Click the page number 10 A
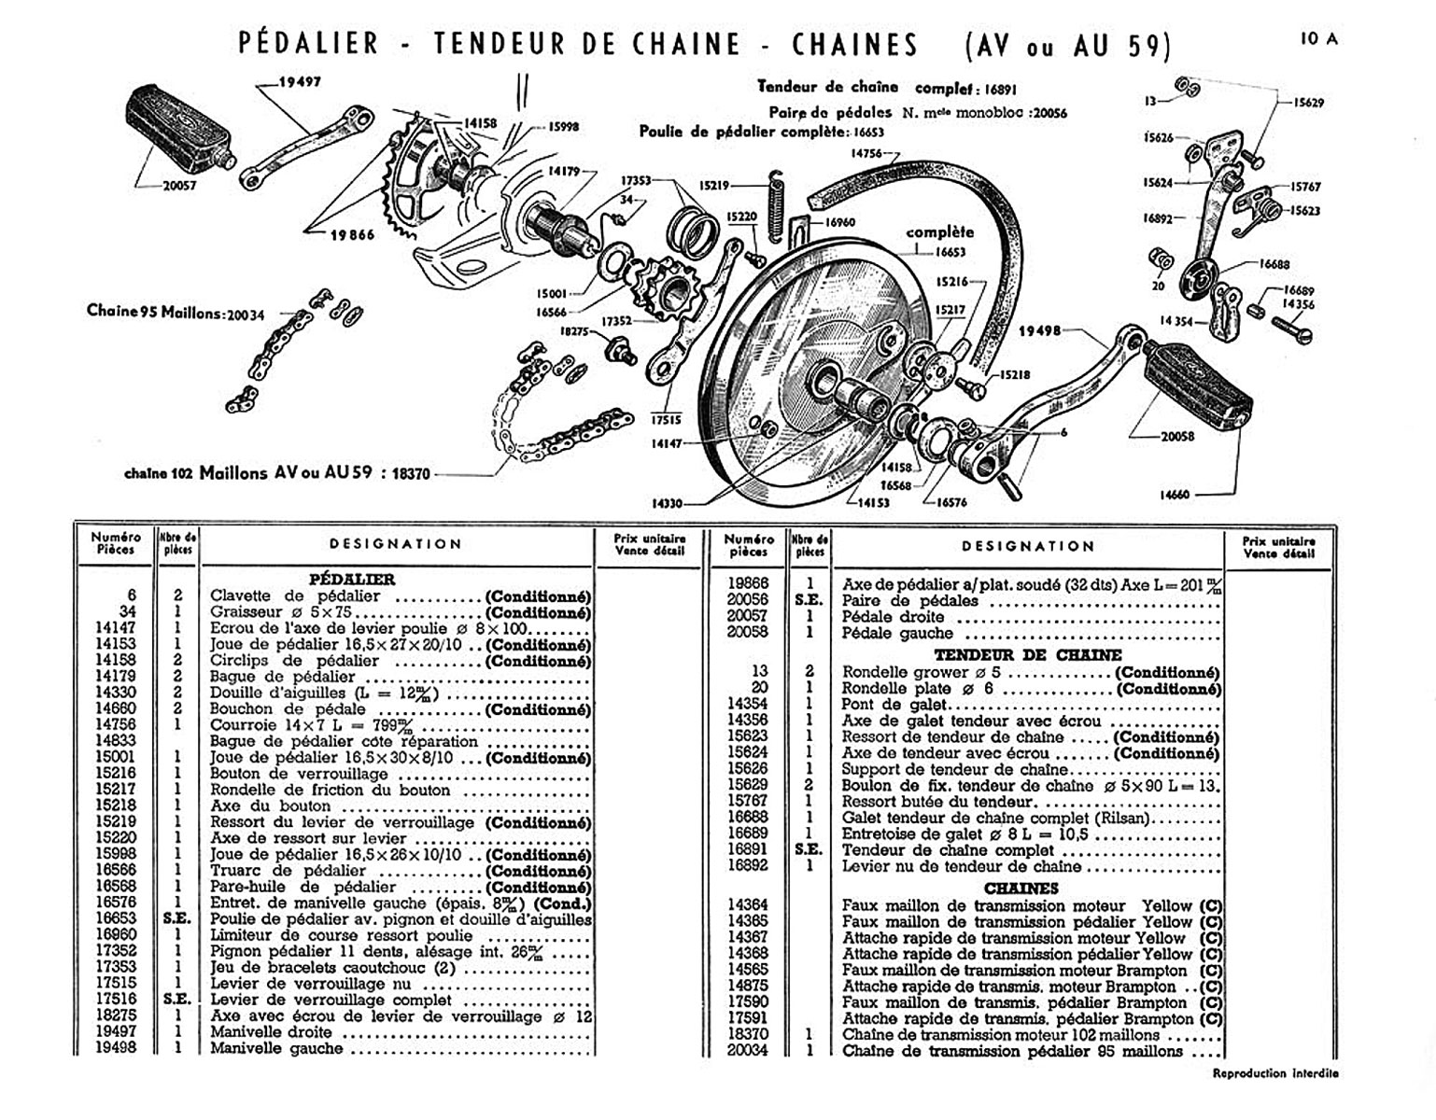[x=1318, y=39]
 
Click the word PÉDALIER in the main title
[x=309, y=44]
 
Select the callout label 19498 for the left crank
[x=1039, y=330]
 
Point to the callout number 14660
[x=1175, y=495]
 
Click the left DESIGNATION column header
[x=396, y=544]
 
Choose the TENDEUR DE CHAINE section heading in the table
[x=1028, y=655]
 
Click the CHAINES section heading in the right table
[x=1021, y=889]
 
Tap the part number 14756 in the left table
[x=117, y=725]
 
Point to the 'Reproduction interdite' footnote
[x=1274, y=1073]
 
